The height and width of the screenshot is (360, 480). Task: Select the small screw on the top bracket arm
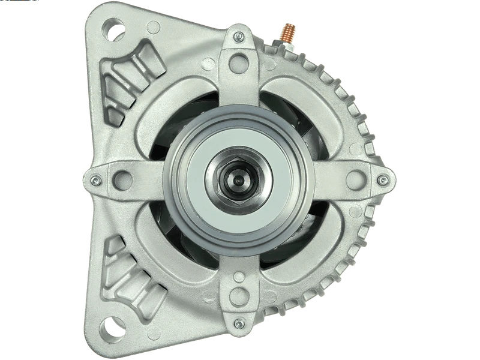[x=239, y=38]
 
